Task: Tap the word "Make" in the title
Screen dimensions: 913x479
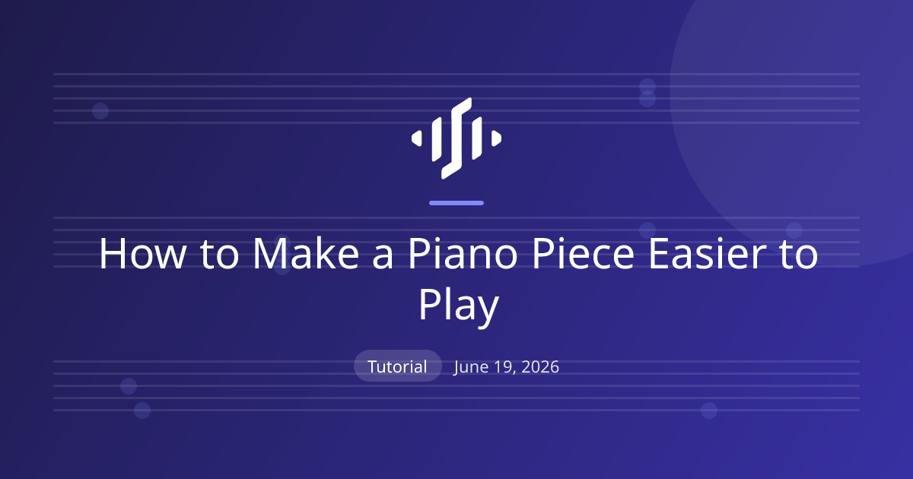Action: [x=306, y=253]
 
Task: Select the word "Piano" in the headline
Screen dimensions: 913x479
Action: [x=463, y=253]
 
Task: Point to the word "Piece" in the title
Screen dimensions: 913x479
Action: [x=584, y=253]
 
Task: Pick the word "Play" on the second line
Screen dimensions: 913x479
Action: [x=459, y=306]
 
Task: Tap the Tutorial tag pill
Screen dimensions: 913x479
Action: [x=397, y=366]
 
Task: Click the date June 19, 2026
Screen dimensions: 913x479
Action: [x=506, y=367]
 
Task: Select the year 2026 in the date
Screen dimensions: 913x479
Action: [x=540, y=366]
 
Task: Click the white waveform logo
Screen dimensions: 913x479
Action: [x=456, y=138]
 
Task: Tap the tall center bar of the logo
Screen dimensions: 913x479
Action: [x=456, y=138]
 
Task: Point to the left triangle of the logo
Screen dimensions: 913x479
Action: [x=417, y=138]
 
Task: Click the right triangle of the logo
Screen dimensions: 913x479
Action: [x=496, y=138]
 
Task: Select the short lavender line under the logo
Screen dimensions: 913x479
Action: [x=456, y=203]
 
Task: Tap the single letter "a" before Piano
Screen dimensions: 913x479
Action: [x=383, y=258]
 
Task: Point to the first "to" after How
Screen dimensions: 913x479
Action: [x=219, y=255]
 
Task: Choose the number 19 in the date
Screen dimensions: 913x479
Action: [x=505, y=367]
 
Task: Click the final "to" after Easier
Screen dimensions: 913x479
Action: [x=799, y=255]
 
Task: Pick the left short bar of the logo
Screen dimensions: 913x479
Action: [x=437, y=138]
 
